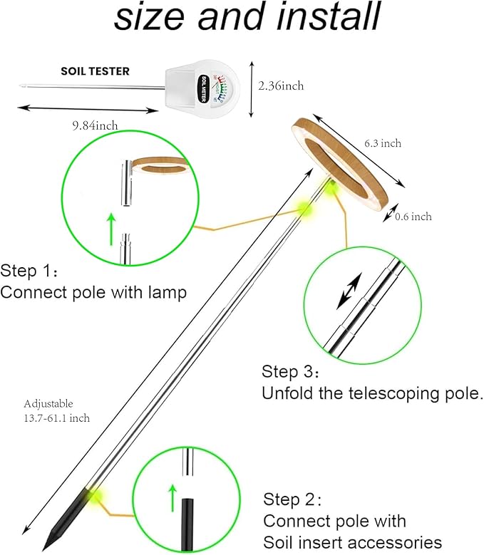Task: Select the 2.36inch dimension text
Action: [281, 86]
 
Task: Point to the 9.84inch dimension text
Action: [95, 126]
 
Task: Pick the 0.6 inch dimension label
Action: [413, 217]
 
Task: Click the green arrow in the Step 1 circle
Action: [112, 229]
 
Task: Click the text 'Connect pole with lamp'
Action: [93, 292]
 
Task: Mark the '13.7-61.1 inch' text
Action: [57, 418]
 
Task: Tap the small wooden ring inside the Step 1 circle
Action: [163, 166]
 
